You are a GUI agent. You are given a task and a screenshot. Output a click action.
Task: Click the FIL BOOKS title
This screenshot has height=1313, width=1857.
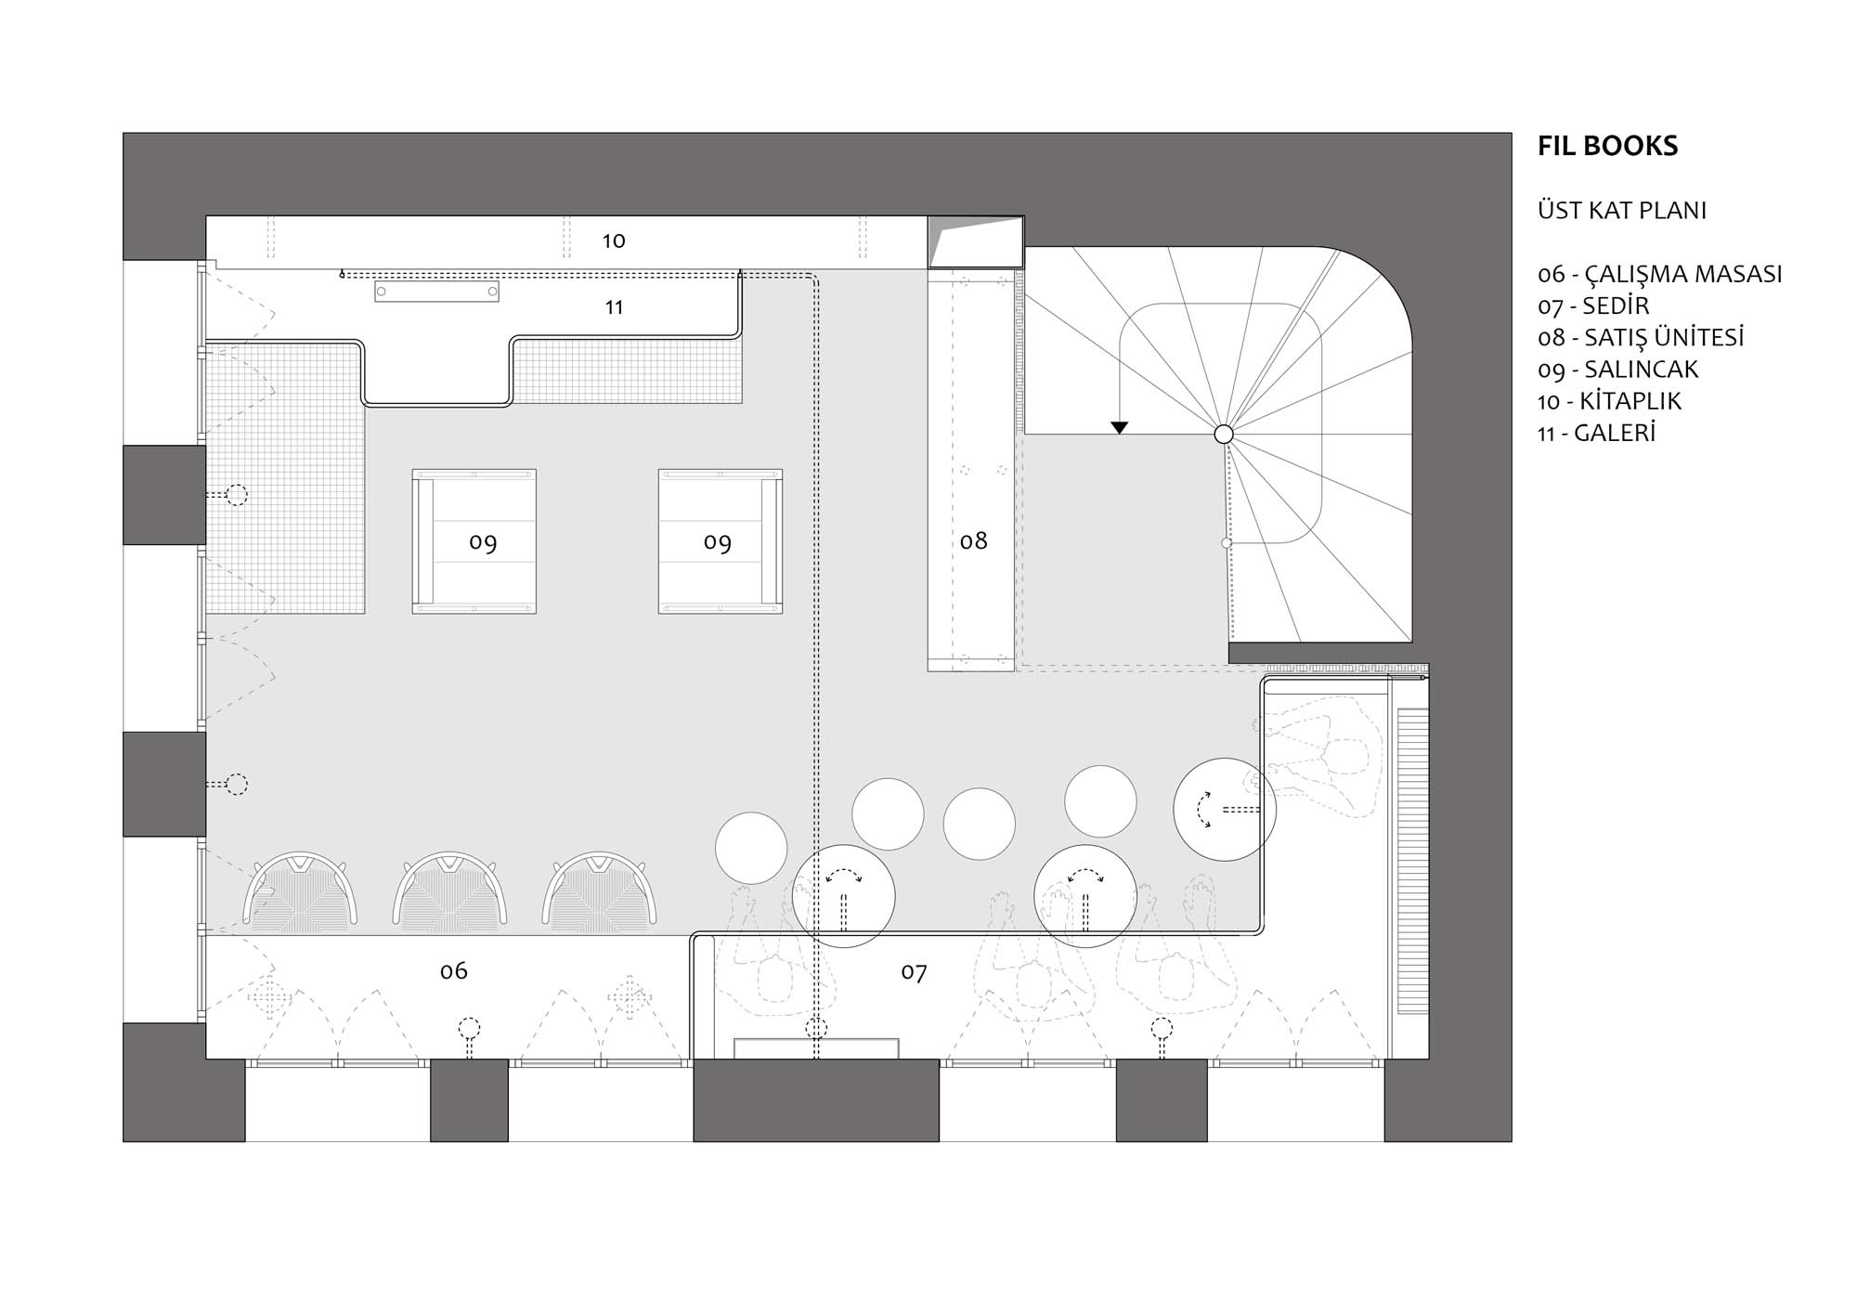(1607, 146)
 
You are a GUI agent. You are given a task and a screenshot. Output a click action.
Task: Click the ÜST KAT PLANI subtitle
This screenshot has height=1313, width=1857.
(1622, 211)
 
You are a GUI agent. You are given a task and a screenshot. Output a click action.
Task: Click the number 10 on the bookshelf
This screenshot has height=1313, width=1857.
(614, 241)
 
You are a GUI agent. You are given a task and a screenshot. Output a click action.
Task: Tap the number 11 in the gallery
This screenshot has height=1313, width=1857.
(614, 307)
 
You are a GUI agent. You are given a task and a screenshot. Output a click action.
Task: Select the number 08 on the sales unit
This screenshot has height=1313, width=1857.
(974, 540)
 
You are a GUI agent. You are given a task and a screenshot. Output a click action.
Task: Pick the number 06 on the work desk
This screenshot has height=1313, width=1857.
(454, 971)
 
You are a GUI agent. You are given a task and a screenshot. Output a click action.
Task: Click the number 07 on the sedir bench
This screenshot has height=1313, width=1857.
(915, 972)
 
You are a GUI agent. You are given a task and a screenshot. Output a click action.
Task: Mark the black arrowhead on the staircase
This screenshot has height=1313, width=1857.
(1120, 428)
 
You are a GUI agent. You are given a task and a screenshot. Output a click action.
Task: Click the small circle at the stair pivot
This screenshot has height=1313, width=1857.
(1224, 434)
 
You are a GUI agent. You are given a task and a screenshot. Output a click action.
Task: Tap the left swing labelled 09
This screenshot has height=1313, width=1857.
(474, 541)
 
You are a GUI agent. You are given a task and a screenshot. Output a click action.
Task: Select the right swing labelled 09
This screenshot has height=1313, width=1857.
(721, 541)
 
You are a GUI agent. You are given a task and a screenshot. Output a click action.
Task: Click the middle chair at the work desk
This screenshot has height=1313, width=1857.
(450, 891)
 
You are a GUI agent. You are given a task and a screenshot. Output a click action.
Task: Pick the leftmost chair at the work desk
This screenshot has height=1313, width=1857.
(301, 891)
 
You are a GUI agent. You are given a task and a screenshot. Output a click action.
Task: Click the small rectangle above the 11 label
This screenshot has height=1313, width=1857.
(436, 292)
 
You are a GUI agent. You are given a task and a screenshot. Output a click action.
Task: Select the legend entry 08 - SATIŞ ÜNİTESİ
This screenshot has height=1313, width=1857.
(1641, 337)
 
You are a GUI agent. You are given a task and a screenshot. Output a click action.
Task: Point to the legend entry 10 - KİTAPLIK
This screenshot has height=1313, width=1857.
(1610, 401)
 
